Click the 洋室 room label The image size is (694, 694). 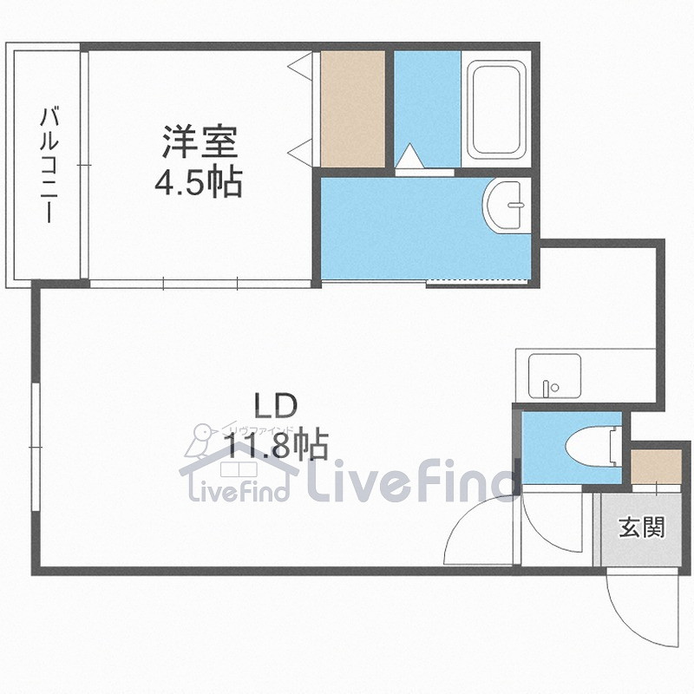[x=198, y=141]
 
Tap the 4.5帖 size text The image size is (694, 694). [x=198, y=183]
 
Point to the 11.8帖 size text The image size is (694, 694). [x=277, y=446]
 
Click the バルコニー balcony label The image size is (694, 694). [x=49, y=165]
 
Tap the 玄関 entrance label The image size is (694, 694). [x=641, y=527]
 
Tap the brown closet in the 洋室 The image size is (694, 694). [x=352, y=108]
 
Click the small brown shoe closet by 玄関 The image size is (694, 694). [x=655, y=467]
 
